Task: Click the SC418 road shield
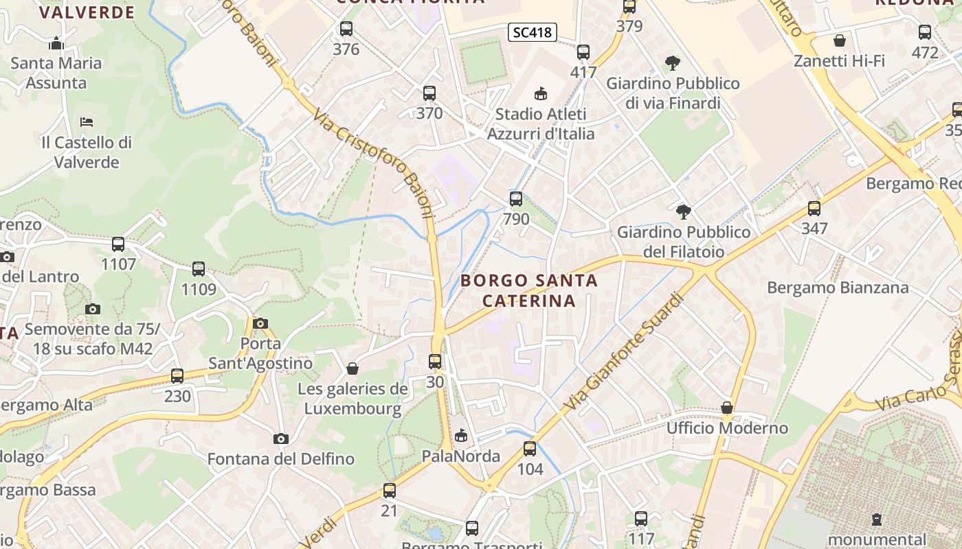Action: click(x=533, y=32)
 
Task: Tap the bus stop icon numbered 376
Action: click(x=346, y=29)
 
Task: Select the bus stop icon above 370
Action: click(x=429, y=93)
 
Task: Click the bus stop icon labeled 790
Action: click(x=516, y=199)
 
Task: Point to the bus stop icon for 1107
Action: click(x=118, y=244)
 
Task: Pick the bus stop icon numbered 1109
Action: click(x=199, y=269)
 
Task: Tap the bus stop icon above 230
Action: click(x=177, y=376)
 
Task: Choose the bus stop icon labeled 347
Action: click(x=814, y=209)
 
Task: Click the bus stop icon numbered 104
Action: click(x=530, y=449)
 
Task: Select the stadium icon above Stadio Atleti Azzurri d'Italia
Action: click(x=541, y=93)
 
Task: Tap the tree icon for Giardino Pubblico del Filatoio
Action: click(x=683, y=211)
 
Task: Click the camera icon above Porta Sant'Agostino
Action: click(x=260, y=323)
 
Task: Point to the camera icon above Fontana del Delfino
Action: click(x=281, y=439)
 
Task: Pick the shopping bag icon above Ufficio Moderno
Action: click(x=727, y=408)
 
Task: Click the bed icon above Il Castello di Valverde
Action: click(x=87, y=122)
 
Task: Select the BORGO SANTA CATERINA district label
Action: click(x=529, y=290)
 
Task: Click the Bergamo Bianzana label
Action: click(x=838, y=288)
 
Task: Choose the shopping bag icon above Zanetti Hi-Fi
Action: click(x=839, y=40)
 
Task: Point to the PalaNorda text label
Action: click(x=461, y=456)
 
